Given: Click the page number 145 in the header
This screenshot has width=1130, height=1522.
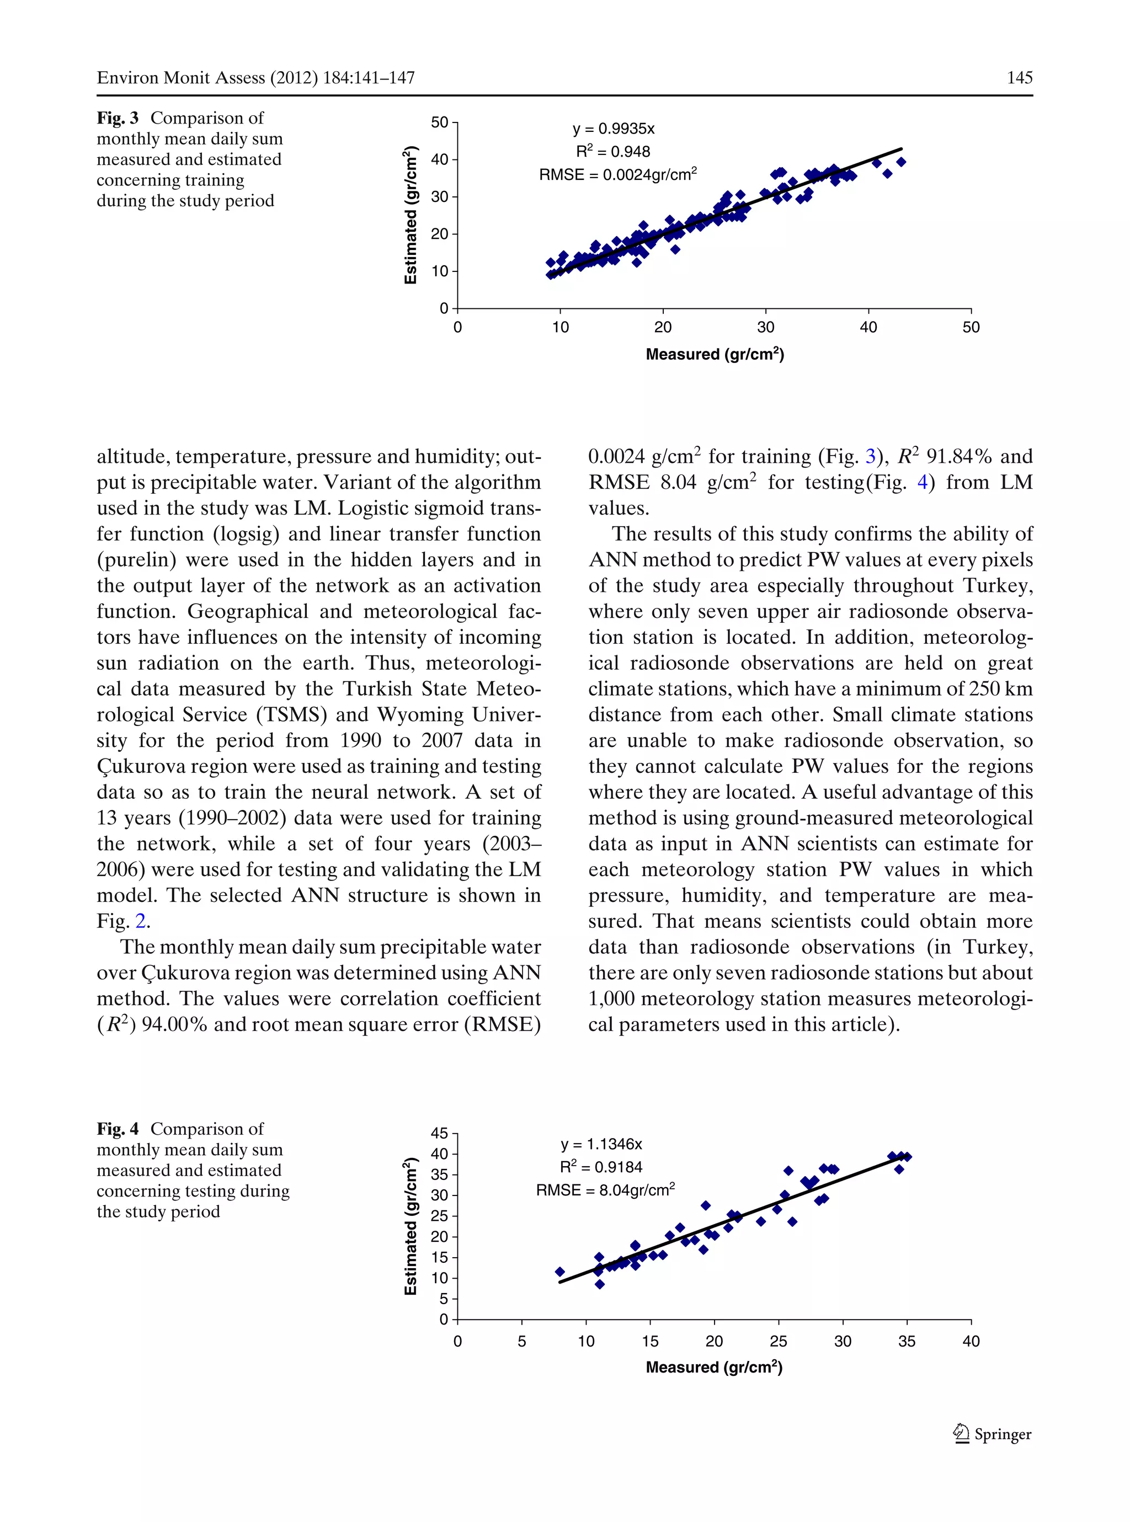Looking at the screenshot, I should [x=1019, y=78].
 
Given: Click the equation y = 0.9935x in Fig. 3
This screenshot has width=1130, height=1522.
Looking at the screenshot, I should [x=613, y=129].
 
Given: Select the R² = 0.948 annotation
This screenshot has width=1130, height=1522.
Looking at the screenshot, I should [x=612, y=151].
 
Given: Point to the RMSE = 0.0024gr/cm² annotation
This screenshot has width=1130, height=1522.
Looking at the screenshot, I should [x=617, y=174].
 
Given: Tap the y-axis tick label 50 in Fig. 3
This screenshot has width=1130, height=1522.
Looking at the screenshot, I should [x=439, y=122].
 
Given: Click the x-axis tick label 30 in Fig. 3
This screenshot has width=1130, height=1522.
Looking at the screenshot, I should [x=765, y=328].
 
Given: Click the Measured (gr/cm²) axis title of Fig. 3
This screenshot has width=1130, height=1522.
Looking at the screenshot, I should [x=714, y=354].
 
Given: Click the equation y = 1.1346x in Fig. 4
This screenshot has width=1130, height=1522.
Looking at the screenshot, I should [x=600, y=1144].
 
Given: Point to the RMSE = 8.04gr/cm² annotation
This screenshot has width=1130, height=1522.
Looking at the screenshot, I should [x=605, y=1190].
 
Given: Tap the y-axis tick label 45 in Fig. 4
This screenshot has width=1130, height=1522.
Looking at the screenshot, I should [x=439, y=1134].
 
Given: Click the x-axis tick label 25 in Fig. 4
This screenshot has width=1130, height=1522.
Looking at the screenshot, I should [x=779, y=1342].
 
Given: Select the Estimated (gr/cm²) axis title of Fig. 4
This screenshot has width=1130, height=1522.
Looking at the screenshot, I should [x=411, y=1227].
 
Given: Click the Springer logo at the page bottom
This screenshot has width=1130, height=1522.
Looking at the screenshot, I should [x=992, y=1434].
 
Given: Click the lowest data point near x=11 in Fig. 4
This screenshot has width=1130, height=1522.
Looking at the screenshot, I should [x=600, y=1285].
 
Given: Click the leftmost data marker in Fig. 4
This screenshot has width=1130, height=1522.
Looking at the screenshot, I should [x=560, y=1272].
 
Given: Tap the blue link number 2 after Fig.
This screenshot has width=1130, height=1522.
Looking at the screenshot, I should [x=140, y=922].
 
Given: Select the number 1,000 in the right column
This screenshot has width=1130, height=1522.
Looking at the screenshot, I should [x=611, y=999].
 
